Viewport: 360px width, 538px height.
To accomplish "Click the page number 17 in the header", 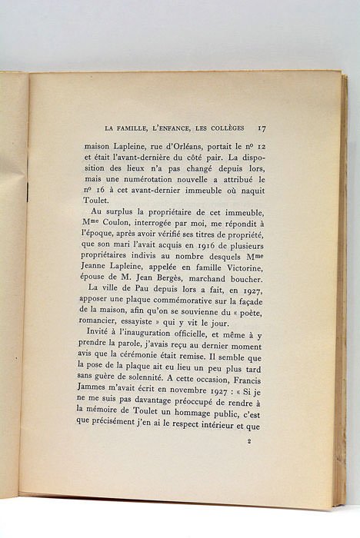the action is [262, 128].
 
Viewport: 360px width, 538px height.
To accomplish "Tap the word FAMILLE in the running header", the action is [136, 129].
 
